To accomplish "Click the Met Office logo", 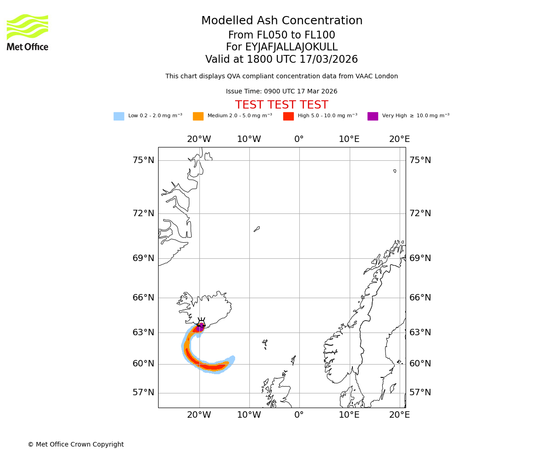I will [27, 32].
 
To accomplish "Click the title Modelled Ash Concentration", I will [281, 21].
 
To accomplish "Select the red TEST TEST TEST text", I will [281, 105].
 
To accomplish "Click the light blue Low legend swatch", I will [119, 116].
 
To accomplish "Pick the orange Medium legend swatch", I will [198, 116].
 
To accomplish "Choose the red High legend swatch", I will [288, 116].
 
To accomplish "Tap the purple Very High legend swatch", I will [373, 116].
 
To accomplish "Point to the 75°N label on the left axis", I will [143, 160].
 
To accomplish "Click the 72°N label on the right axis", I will [420, 213].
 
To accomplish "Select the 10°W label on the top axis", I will [249, 139].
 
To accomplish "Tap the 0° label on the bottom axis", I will [299, 415].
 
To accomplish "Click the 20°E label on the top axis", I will [399, 139].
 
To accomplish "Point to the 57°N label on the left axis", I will [143, 393].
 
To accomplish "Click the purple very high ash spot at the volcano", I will [200, 327].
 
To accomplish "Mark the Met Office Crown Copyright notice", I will [76, 445].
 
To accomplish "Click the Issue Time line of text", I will [281, 92].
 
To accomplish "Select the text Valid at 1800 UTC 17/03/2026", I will [281, 60].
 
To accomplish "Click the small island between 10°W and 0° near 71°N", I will [257, 229].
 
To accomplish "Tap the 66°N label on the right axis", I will [420, 298].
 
